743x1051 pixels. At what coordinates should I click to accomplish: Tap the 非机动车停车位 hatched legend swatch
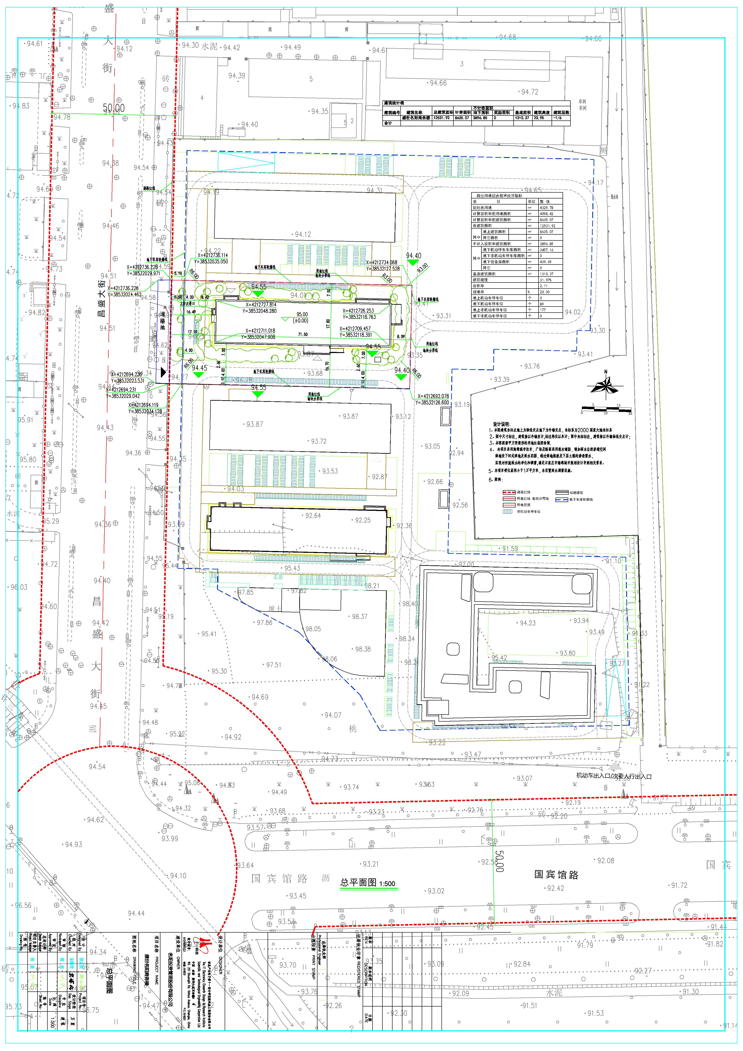[x=508, y=511]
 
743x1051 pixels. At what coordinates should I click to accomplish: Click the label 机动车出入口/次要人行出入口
[x=613, y=776]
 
